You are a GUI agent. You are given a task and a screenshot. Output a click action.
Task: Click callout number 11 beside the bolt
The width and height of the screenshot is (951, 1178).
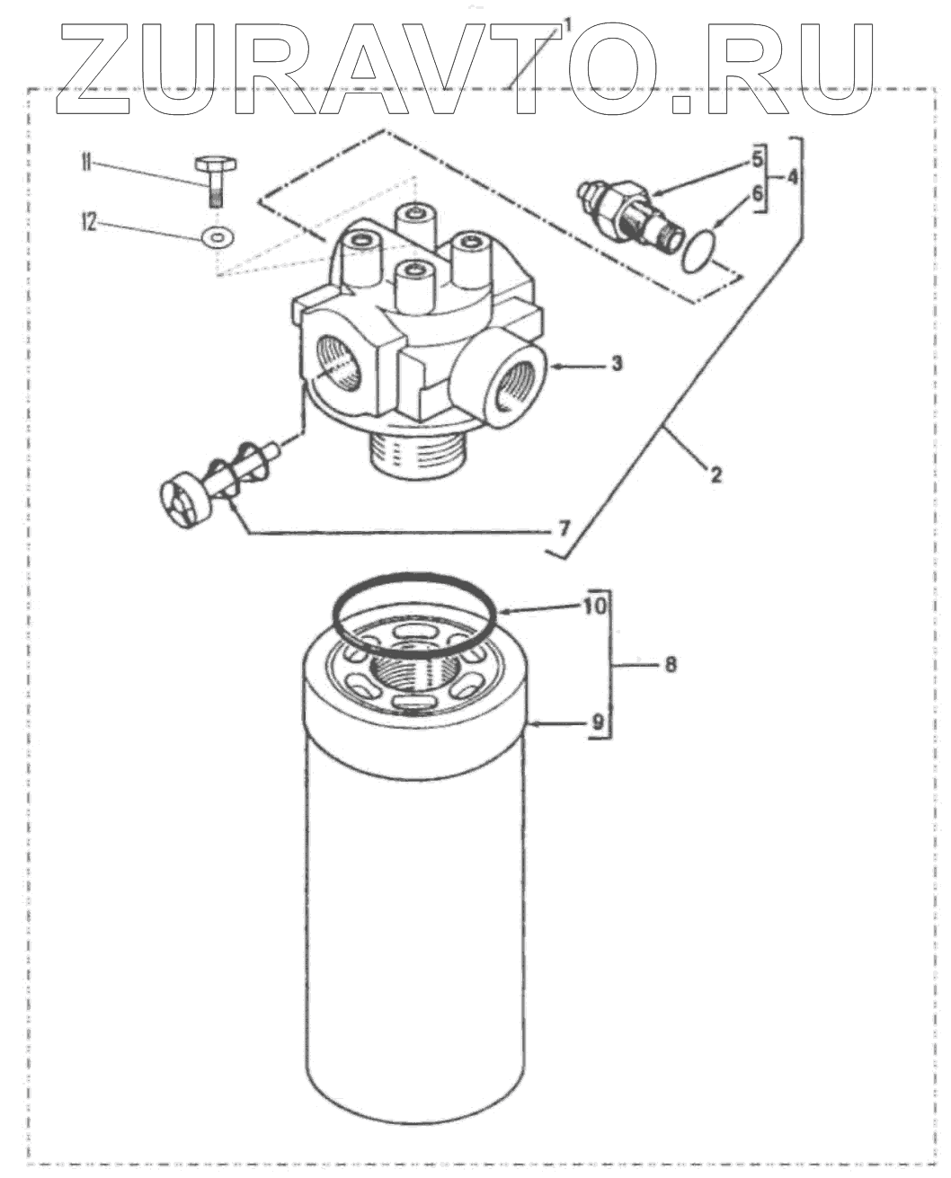[x=86, y=163]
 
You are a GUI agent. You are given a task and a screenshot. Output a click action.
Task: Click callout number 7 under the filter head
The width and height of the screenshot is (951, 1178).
[x=563, y=528]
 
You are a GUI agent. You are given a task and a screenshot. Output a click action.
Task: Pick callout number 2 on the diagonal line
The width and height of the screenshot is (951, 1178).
[x=715, y=474]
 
